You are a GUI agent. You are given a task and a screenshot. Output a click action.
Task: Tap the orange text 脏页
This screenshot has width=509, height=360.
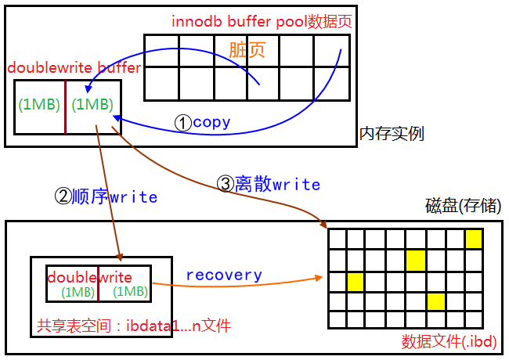(x=247, y=49)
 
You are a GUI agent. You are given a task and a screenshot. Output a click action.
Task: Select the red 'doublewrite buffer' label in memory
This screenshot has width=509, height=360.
(x=74, y=68)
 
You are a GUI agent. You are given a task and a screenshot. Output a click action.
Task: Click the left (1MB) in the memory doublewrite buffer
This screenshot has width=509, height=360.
(x=40, y=104)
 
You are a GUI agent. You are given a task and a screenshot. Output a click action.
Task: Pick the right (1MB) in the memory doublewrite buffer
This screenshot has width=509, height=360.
(x=92, y=104)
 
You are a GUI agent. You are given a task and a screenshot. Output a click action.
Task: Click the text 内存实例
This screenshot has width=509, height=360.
(x=392, y=134)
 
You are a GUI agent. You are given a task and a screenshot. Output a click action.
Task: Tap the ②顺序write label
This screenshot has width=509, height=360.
(x=105, y=196)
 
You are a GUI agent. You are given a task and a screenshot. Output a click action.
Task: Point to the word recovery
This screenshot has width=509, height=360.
(x=223, y=275)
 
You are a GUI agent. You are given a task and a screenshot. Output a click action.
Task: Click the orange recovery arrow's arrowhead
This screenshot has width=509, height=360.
(x=321, y=277)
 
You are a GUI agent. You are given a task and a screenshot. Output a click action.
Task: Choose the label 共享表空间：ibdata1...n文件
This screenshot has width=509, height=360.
(x=134, y=324)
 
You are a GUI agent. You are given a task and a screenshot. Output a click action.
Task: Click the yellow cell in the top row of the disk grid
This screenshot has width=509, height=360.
(x=473, y=239)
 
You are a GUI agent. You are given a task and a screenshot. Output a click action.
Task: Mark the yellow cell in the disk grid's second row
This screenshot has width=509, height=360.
(x=415, y=259)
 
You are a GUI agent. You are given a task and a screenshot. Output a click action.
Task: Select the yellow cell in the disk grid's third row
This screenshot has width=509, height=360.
(x=356, y=279)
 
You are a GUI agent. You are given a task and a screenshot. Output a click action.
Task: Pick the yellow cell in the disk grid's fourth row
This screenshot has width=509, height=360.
(x=435, y=301)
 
